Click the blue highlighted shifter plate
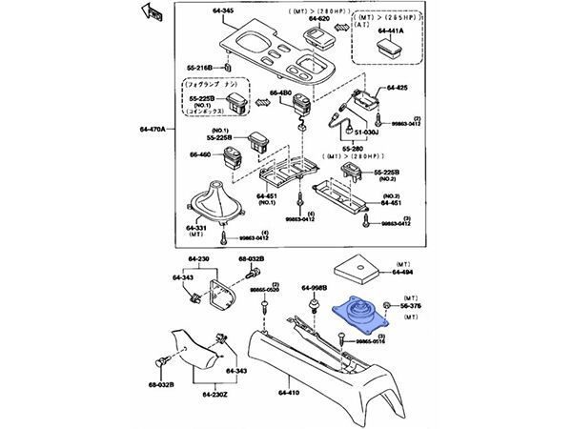[357, 315]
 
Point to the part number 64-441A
[392, 30]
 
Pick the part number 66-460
[204, 153]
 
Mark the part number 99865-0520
[263, 289]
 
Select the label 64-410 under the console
[289, 390]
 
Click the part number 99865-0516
[368, 340]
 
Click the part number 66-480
[281, 92]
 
